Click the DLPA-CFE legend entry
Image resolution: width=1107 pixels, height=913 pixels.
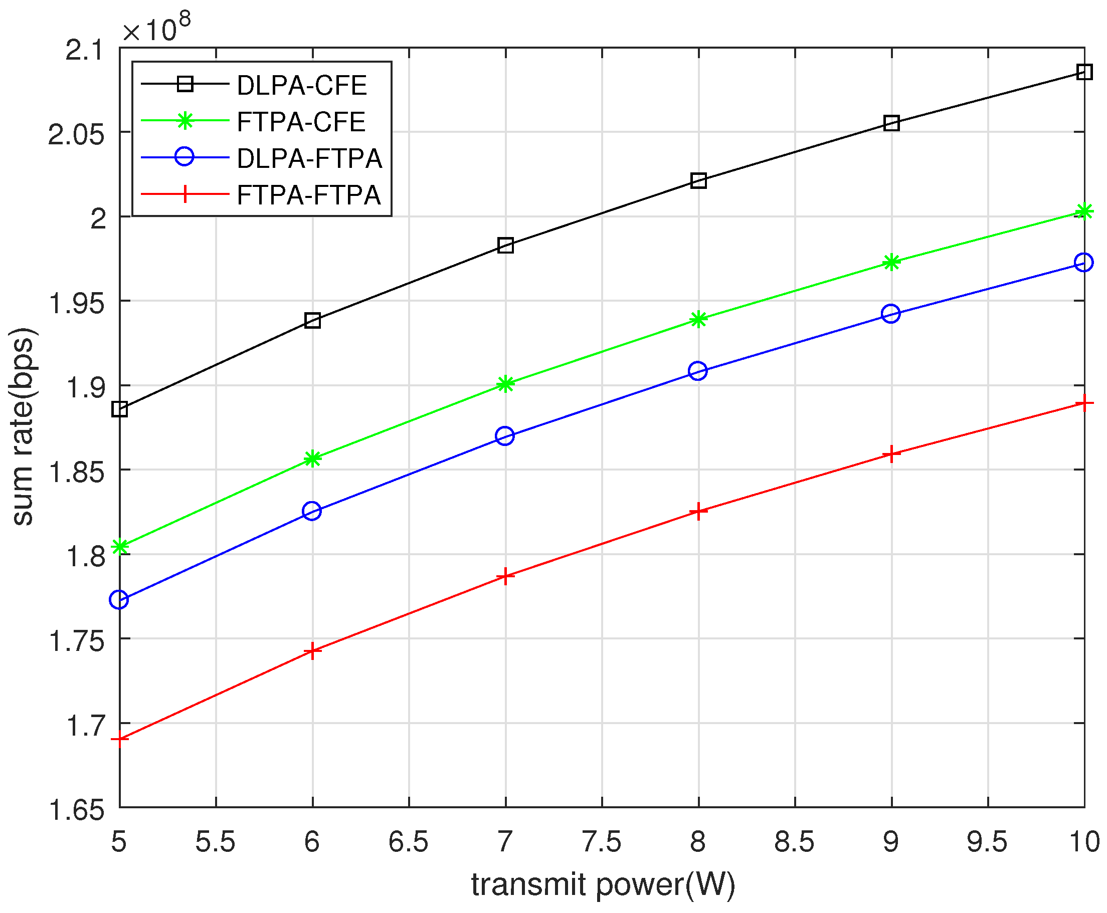coord(301,85)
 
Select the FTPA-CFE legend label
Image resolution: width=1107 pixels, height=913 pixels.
coord(301,122)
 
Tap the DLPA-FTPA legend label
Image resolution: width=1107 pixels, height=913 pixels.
coord(309,158)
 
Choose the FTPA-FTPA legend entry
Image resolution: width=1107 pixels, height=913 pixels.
coord(308,195)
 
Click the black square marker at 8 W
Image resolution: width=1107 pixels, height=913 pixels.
coord(698,181)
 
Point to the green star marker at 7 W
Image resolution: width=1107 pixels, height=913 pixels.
coord(505,384)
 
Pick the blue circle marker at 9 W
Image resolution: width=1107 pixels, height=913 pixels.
coord(890,314)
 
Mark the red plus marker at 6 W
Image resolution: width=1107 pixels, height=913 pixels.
coord(312,651)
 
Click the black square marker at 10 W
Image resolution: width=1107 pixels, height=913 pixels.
coord(1084,72)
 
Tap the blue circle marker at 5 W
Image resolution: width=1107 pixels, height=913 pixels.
coord(119,599)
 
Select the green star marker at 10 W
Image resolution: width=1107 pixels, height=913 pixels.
coord(1084,211)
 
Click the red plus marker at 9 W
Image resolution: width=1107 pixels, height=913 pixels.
coord(891,453)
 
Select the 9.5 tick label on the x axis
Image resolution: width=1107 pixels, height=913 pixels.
coord(987,842)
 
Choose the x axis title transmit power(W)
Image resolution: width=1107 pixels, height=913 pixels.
coord(603,884)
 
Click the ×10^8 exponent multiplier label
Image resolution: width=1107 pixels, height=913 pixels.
coord(156,29)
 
